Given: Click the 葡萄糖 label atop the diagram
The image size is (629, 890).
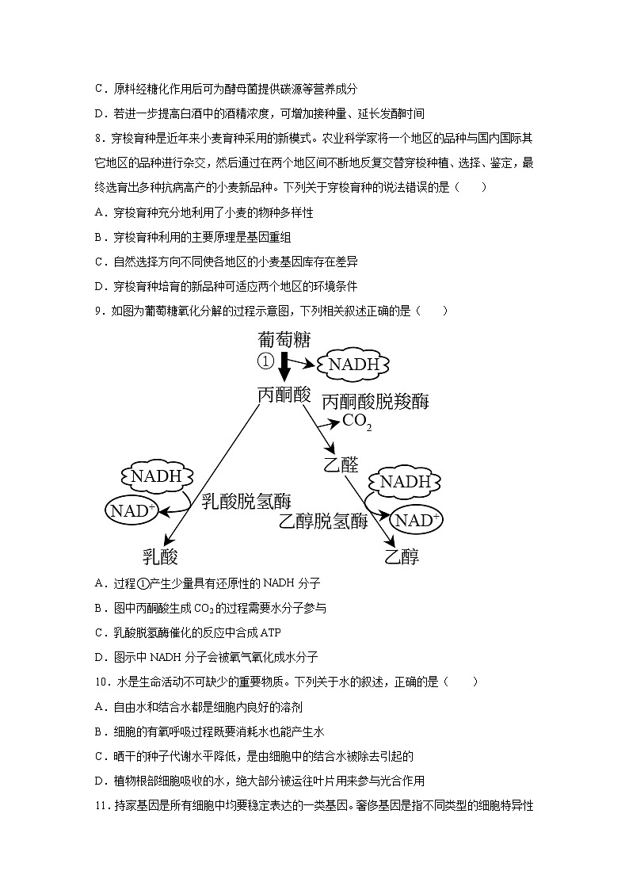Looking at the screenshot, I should (284, 340).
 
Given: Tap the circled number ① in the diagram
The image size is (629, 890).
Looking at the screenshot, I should (265, 362).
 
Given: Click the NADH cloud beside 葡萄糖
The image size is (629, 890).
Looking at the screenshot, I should (354, 365).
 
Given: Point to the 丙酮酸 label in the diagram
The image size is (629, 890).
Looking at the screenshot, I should (284, 395).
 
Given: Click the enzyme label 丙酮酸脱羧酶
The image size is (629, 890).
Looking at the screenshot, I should (375, 402).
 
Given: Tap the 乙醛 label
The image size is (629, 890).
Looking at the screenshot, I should (341, 465).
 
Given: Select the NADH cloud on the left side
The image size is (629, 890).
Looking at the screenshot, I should (156, 476).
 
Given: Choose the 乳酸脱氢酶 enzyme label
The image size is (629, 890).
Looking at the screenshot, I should (246, 501).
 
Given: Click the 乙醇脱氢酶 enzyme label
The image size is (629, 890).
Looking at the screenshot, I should (323, 521).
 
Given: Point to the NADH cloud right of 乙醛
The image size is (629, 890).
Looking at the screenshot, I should (405, 482).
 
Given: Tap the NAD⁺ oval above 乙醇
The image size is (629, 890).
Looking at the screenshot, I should (417, 520).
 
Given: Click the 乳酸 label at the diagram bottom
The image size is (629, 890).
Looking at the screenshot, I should (160, 556).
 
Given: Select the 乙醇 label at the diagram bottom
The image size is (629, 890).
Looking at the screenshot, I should (402, 556).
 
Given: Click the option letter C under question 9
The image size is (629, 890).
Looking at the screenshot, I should (98, 632).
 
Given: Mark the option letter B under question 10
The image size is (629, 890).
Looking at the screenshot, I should (98, 731).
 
